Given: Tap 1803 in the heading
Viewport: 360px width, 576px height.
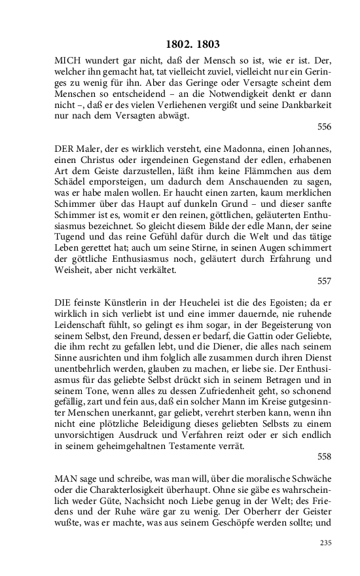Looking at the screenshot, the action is (x=207, y=45).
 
